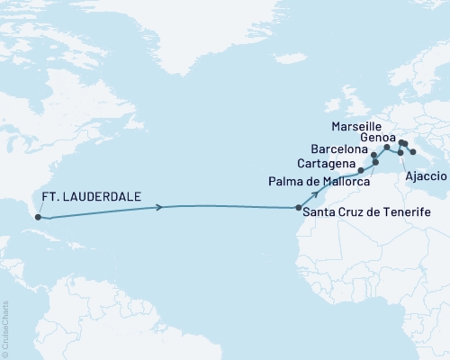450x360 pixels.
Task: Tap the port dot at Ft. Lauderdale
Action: [x=37, y=216]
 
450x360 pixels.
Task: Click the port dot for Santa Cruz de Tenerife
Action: [x=299, y=208]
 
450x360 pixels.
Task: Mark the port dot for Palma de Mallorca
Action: [x=375, y=162]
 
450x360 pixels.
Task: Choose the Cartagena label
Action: [x=325, y=162]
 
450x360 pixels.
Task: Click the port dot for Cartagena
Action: [x=361, y=170]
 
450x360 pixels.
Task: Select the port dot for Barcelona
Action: [x=373, y=155]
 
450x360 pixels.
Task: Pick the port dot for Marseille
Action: [x=387, y=147]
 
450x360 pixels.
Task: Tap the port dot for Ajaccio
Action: [x=400, y=153]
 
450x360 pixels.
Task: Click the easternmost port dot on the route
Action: [x=412, y=152]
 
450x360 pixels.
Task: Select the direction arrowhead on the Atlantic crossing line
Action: [x=160, y=208]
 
